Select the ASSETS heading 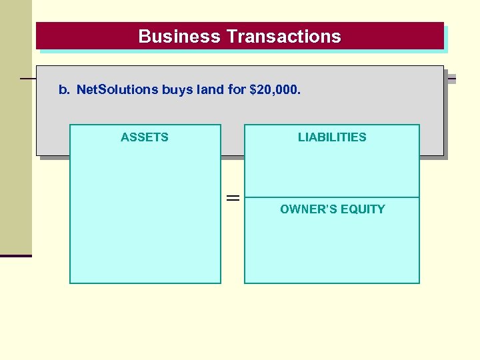tap(145, 137)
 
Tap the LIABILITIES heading tap(332, 137)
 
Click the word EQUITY tap(363, 209)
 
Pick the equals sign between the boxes tap(233, 198)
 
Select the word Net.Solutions tap(117, 89)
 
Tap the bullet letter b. tap(64, 89)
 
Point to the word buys tap(177, 89)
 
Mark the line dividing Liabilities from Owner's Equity tap(332, 197)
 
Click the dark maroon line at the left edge tap(16, 255)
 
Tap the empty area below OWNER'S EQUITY tap(332, 250)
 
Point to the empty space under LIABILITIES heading tap(332, 170)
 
